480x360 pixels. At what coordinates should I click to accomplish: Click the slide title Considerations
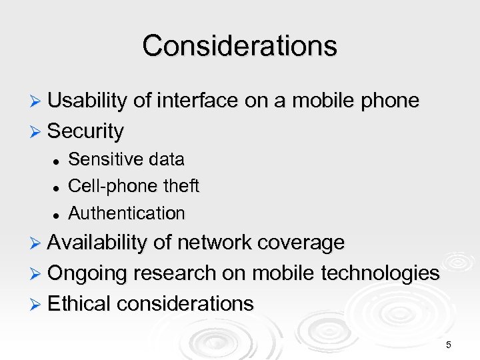(239, 45)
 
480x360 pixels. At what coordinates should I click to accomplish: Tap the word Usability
(87, 101)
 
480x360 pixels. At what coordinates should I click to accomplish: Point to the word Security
(85, 131)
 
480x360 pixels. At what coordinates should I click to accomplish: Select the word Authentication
(127, 213)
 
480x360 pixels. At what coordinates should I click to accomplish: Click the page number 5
(449, 345)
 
